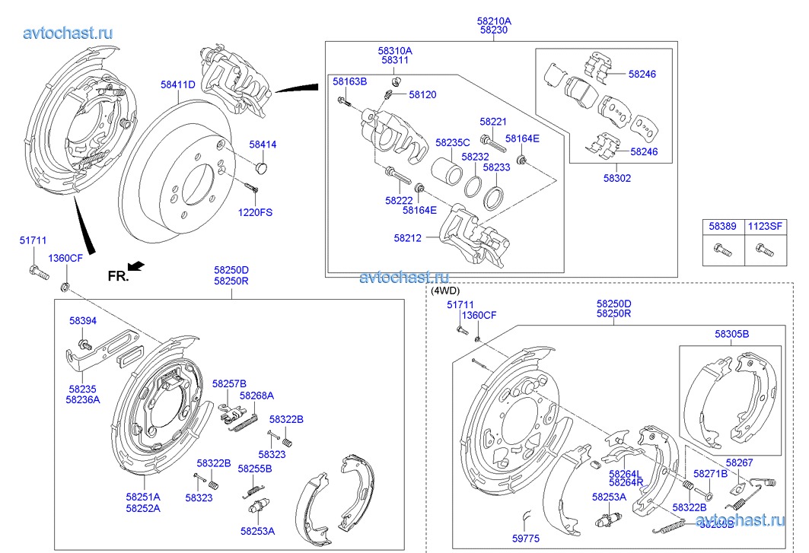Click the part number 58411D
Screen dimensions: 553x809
point(177,84)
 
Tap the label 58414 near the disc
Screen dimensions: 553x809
point(263,144)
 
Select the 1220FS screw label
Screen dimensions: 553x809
point(254,212)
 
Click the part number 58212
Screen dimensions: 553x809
point(408,238)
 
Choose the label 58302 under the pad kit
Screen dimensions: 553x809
point(617,179)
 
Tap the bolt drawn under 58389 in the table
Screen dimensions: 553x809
point(719,248)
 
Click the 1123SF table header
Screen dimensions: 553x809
point(763,226)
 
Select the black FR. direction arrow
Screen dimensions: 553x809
point(135,265)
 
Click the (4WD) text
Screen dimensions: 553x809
point(446,290)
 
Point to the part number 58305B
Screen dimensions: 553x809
point(731,334)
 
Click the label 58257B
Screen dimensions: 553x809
point(229,383)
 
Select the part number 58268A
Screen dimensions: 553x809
point(256,396)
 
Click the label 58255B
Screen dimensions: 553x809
point(254,469)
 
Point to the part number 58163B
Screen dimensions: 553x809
point(349,81)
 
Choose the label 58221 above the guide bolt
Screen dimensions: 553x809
point(493,121)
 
